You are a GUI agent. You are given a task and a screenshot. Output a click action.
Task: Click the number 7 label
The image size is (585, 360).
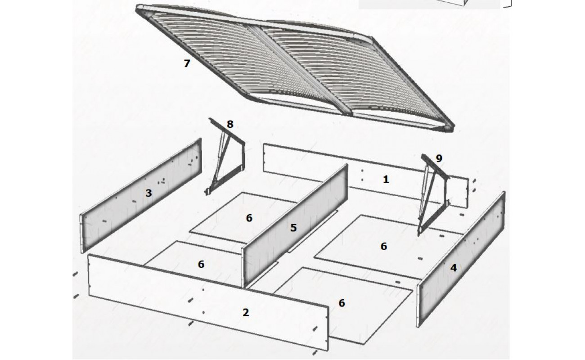(187, 63)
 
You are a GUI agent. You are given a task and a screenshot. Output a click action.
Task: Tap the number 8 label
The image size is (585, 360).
(230, 124)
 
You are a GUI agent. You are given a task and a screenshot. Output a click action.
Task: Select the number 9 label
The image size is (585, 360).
(439, 158)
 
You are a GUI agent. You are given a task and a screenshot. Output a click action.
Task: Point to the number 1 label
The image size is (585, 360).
(386, 179)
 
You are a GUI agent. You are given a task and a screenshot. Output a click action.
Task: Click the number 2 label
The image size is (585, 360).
(246, 312)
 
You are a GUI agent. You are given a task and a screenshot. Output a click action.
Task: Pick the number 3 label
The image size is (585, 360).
(148, 193)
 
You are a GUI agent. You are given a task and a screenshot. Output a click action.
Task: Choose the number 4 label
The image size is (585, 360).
(454, 268)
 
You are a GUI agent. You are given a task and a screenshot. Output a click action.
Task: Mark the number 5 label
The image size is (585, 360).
(293, 228)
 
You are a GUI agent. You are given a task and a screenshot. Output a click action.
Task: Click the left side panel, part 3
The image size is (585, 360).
(141, 195)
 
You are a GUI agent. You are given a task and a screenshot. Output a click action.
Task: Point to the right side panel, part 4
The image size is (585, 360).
(460, 259)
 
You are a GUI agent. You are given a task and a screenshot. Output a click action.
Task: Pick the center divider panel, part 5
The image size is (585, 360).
(295, 226)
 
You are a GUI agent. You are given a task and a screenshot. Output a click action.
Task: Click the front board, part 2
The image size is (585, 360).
(208, 303)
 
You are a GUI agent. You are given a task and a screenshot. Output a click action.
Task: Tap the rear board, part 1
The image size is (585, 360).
(365, 175)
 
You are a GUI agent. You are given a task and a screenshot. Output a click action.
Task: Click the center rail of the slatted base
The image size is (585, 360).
(300, 70)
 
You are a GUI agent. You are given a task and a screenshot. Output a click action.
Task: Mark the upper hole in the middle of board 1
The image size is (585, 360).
(362, 171)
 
